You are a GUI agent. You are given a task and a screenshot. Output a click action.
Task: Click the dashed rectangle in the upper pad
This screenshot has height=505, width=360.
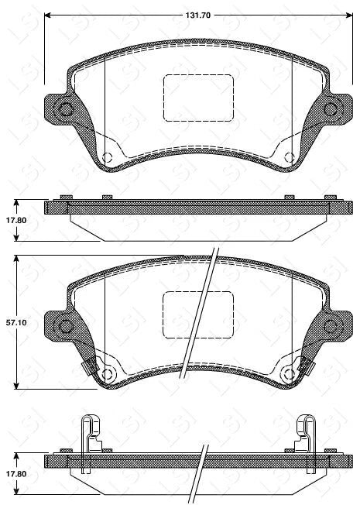198,98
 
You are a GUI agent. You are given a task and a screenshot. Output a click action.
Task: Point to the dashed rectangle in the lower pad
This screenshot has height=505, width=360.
198,314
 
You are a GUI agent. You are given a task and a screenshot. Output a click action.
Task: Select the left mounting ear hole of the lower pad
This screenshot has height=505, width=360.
66,325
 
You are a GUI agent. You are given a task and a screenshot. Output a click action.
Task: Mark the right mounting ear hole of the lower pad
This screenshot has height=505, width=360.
331,325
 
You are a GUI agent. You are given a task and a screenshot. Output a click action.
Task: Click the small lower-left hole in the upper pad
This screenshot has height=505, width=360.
108,157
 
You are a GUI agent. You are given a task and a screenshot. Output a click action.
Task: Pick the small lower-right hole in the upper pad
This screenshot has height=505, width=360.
289,157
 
